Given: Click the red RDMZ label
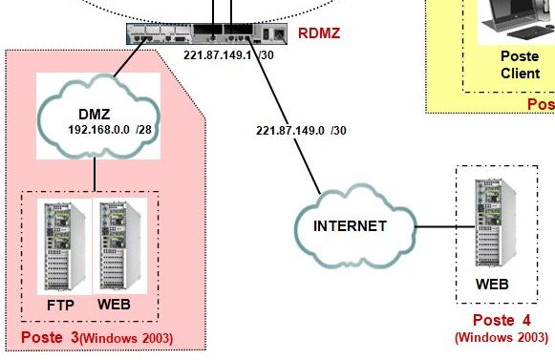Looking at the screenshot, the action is coord(319,32).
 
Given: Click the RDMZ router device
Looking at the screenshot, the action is coord(206,33).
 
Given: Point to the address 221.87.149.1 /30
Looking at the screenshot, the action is coord(228,54).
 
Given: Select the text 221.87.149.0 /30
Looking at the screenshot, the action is coord(301,130).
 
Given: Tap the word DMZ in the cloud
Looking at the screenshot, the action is coord(95,114).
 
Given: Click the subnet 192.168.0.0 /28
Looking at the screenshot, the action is coord(110,130).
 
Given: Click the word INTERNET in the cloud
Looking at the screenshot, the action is coord(350,226).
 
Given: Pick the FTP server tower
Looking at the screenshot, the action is coord(64,246).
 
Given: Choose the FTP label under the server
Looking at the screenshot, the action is coord(60,306).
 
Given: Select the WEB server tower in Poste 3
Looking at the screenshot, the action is coord(120,246).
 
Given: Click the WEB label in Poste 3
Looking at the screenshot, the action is coord(114,305).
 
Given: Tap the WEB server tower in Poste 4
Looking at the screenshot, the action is coord(495,223).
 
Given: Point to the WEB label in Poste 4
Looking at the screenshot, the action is coord(492,284).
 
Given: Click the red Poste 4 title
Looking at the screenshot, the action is coord(502,320).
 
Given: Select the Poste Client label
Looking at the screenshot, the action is coord(520,65).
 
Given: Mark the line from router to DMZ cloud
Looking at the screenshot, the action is coord(130,57).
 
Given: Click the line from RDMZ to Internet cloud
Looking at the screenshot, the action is coord(285,116).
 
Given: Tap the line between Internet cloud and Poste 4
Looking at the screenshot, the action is coord(445,226).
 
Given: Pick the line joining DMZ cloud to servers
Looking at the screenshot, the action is coord(95,174).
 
